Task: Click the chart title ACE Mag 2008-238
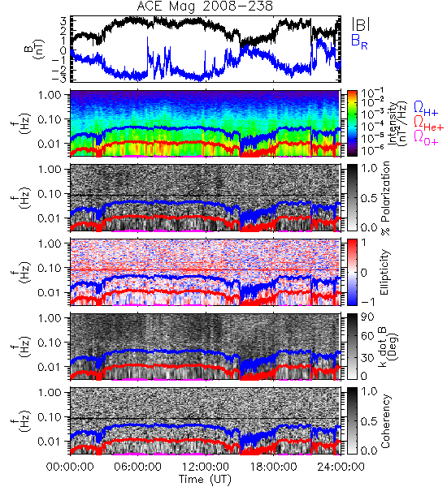pos(205,6)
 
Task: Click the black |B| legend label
pos(361,24)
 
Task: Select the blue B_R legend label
pos(359,41)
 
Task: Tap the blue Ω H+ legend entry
pos(426,109)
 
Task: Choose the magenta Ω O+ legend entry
pos(426,138)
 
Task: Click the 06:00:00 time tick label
pos(137,467)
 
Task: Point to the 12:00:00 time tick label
pos(206,467)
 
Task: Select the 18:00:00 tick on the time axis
pos(273,467)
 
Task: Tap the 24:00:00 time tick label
pos(341,467)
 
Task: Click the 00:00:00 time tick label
pos(70,467)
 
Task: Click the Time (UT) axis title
pos(205,480)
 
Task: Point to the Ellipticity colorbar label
pos(384,273)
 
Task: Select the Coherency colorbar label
pos(385,421)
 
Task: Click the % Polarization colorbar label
pos(385,198)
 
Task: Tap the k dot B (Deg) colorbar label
pos(388,347)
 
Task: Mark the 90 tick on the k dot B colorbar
pos(367,317)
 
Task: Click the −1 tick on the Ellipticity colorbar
pos(367,302)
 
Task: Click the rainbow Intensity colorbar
pos(352,123)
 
